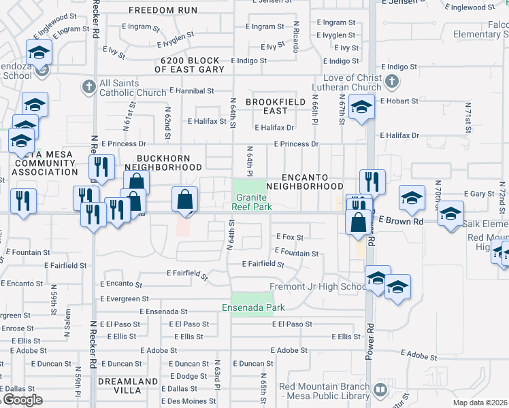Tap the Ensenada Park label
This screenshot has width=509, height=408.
click(x=247, y=307)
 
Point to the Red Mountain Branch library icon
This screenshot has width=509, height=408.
click(x=380, y=390)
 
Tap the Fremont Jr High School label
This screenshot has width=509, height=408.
click(x=318, y=286)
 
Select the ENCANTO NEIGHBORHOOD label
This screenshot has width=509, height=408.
click(x=304, y=181)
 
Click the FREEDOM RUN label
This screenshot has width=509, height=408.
click(x=163, y=10)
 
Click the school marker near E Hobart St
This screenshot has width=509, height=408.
click(x=361, y=107)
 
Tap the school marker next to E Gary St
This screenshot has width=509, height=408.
click(x=412, y=198)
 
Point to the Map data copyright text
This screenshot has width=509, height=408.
click(x=480, y=403)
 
